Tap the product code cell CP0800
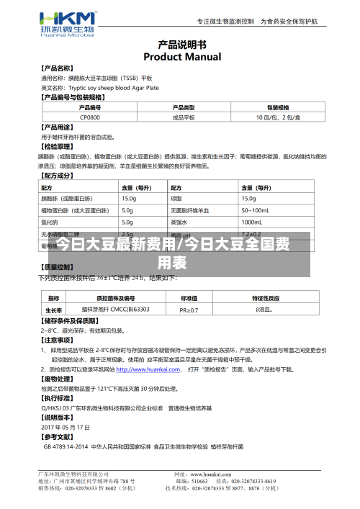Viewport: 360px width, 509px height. [90, 117]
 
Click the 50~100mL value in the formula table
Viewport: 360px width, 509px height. [253, 210]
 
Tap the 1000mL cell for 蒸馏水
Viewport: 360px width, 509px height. [252, 222]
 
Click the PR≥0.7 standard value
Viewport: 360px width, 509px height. [189, 310]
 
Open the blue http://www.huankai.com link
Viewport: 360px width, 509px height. [148, 369]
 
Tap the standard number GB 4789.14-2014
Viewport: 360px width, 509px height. [66, 446]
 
